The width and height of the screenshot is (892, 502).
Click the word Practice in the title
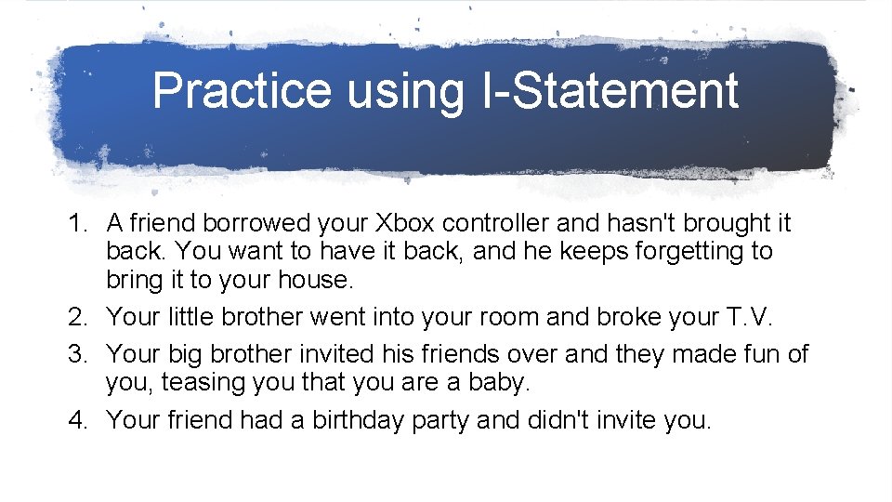point(242,91)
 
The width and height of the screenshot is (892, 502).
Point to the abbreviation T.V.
point(746,317)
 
